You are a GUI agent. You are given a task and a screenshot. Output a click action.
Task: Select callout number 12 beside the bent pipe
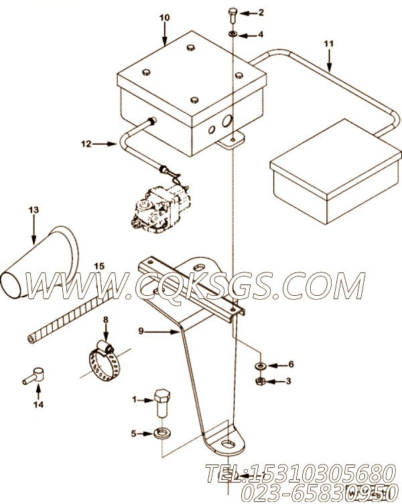(85, 143)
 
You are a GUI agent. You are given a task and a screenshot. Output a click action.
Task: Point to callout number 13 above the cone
(33, 210)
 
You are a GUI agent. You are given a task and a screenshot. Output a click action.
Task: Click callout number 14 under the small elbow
(38, 404)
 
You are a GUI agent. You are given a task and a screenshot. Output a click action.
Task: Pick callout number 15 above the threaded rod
(98, 266)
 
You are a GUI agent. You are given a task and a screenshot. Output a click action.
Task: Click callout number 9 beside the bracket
(141, 330)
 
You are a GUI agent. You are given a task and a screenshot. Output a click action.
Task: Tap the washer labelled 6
(259, 365)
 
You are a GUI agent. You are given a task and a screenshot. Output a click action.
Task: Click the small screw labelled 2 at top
(232, 11)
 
